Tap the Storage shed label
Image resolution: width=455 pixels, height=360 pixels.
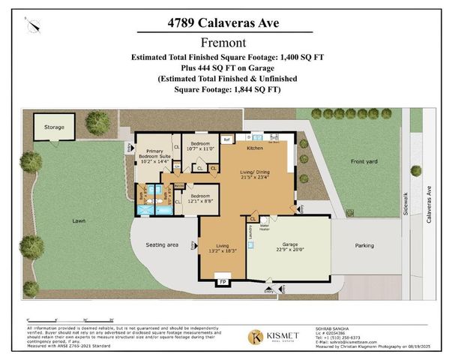click(x=52, y=127)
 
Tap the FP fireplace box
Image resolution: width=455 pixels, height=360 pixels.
click(x=222, y=282)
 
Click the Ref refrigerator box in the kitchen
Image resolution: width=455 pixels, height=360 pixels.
click(x=226, y=139)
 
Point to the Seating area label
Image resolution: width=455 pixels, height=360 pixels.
click(x=161, y=245)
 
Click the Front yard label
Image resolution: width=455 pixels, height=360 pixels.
click(x=367, y=161)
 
